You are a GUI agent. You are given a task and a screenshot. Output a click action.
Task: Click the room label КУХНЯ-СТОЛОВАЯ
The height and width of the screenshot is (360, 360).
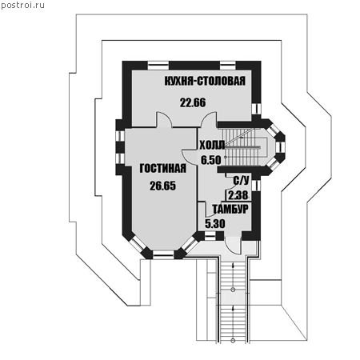205,81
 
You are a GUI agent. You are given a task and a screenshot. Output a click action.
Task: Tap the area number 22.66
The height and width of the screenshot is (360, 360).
193,102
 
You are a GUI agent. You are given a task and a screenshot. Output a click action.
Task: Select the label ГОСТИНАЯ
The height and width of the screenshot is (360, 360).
163,169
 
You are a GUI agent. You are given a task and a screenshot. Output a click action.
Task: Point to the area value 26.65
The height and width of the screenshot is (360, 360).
162,186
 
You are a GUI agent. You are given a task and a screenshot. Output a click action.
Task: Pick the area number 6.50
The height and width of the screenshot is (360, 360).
211,160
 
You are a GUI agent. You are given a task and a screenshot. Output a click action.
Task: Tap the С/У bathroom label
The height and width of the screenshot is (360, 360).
241,181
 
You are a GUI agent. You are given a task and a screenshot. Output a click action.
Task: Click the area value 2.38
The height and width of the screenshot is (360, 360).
238,195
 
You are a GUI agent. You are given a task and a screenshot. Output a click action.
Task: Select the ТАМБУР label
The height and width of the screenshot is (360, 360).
230,209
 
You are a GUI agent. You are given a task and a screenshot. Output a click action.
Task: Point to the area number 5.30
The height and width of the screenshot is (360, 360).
215,223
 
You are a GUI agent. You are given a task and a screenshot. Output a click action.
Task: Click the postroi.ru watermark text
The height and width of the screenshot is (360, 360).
23,5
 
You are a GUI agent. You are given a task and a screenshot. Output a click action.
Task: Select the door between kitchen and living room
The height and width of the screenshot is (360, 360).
164,119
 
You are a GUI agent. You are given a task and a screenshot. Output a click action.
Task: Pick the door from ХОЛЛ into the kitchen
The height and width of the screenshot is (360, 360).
209,119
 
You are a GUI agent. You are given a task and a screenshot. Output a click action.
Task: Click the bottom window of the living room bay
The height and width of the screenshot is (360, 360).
163,254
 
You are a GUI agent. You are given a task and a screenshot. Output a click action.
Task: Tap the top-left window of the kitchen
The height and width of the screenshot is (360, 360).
158,66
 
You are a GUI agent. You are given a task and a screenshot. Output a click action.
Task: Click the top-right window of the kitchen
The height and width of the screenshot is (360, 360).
228,66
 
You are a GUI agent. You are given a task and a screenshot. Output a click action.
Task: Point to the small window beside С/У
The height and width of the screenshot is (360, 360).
256,186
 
